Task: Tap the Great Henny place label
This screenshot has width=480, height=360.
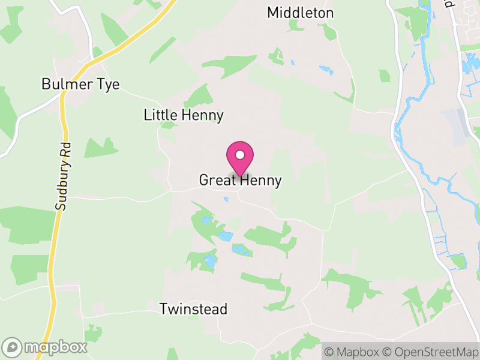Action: (x=240, y=180)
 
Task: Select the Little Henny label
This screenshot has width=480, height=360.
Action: (x=184, y=115)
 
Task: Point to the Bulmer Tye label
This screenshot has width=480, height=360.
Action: (x=80, y=84)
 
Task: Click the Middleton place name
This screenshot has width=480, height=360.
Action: (x=300, y=13)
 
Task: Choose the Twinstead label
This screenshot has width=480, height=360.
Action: (x=193, y=309)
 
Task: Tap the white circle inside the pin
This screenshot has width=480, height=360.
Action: (x=240, y=155)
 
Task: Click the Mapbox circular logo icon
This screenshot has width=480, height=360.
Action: (x=13, y=347)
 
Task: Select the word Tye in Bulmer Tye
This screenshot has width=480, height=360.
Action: (x=109, y=84)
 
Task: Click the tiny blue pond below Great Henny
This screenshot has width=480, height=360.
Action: (x=226, y=199)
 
